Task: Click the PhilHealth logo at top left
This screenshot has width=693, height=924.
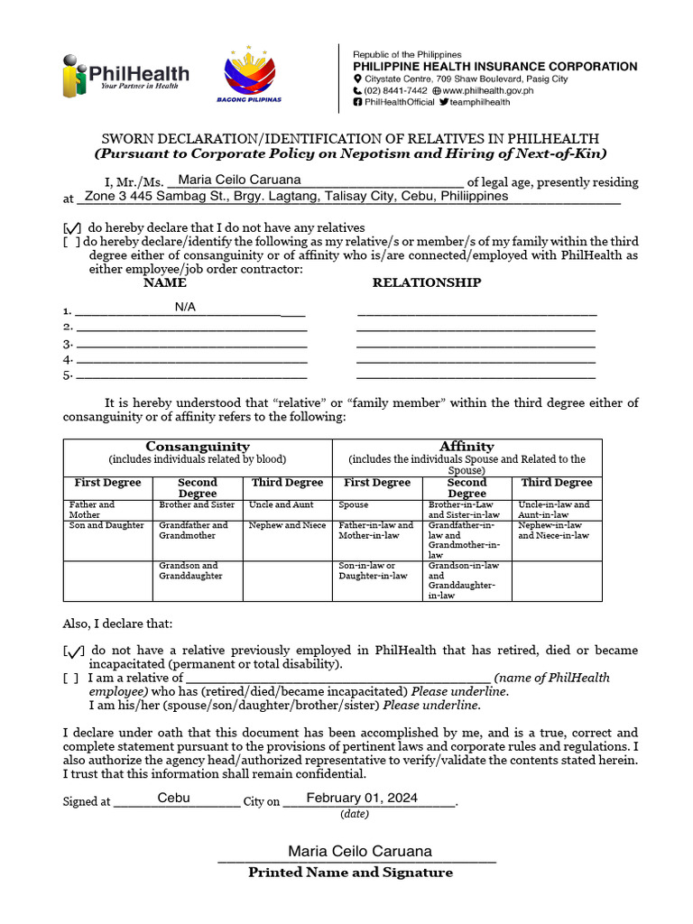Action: click(125, 75)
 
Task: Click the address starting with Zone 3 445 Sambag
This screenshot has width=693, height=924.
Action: click(296, 196)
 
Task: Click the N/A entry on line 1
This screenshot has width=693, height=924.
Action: click(185, 307)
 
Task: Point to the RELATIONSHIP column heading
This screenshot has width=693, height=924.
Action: click(427, 282)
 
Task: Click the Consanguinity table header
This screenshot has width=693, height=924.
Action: click(198, 447)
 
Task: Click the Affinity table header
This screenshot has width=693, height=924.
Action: click(467, 447)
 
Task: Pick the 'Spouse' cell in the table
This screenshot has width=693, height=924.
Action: click(354, 505)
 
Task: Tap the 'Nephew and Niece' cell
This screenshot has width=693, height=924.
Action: click(287, 525)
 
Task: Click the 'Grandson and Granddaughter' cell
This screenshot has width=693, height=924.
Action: click(189, 570)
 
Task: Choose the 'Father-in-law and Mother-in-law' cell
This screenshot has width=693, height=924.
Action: click(376, 530)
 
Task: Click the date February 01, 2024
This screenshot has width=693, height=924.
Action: click(362, 798)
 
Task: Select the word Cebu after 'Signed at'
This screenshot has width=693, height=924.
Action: click(173, 798)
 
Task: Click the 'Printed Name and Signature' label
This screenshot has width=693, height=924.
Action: click(350, 873)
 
